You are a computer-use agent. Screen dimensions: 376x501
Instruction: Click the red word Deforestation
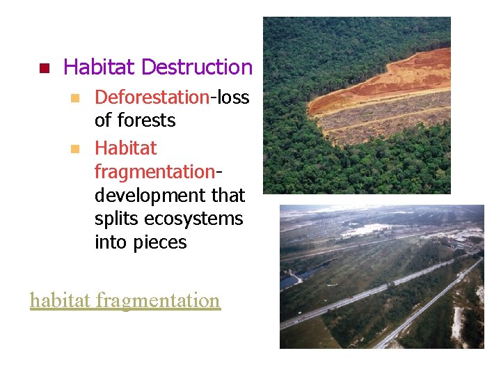(152, 97)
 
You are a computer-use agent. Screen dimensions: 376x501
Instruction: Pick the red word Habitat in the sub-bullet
(125, 148)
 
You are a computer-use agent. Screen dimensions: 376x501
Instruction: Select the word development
(148, 196)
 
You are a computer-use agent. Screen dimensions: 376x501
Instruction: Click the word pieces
(159, 243)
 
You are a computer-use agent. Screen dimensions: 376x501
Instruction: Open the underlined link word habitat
(61, 301)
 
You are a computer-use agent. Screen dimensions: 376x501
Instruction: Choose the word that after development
(227, 196)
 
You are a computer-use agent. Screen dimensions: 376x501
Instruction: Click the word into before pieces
(110, 243)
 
